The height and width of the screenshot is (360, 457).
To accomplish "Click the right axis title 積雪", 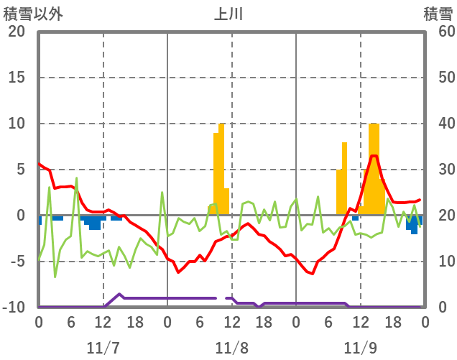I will click(438, 14).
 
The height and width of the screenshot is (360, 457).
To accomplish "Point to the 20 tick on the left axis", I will click(17, 32).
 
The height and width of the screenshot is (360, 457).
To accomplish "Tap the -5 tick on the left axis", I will click(17, 262).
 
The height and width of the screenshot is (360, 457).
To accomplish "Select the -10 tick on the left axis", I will click(14, 308).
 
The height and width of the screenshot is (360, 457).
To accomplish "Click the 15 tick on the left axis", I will click(17, 78).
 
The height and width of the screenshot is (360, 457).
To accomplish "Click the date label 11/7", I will click(103, 348).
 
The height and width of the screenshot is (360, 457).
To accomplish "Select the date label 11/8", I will click(231, 348).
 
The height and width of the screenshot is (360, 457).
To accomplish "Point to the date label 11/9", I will click(360, 348).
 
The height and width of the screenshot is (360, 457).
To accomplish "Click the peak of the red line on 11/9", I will click(374, 156).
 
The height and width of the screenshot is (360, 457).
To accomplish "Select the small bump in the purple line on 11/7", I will click(119, 295).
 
